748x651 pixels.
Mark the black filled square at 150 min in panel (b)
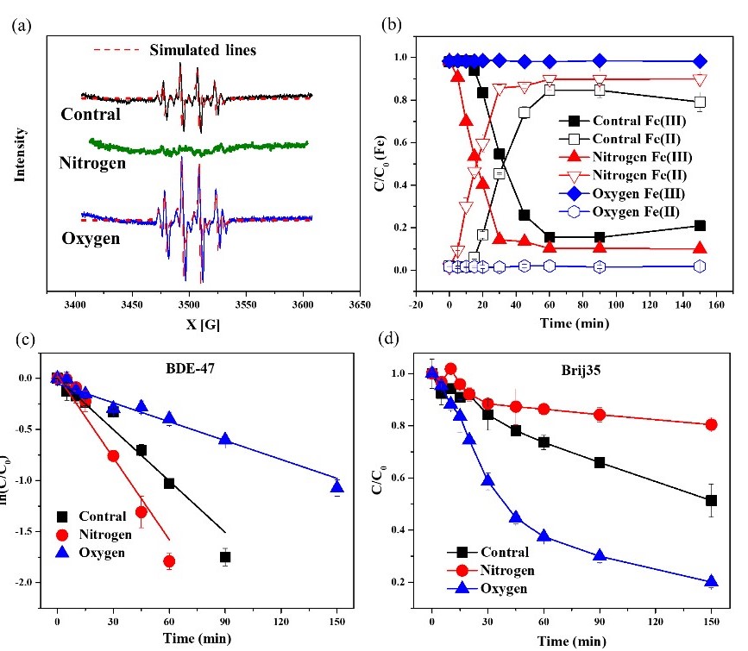click(701, 226)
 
